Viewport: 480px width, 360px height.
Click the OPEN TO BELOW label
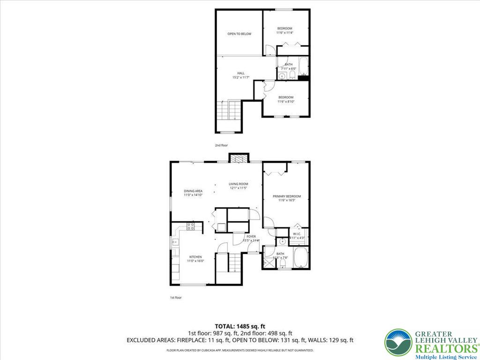point(240,34)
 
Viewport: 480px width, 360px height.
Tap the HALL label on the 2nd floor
point(240,73)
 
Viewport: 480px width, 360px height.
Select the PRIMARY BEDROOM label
point(287,196)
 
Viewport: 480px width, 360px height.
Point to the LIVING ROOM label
point(238,184)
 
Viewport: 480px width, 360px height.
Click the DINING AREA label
point(193,191)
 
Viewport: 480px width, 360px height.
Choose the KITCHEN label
point(195,257)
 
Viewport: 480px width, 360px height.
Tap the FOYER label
point(251,237)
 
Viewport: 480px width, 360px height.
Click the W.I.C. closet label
point(297,233)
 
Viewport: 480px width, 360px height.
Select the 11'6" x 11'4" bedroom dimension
point(284,33)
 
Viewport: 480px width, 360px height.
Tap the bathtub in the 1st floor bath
point(300,257)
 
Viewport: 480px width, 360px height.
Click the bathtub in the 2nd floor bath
point(303,67)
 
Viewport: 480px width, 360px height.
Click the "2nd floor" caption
point(221,145)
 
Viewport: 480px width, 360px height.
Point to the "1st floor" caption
point(176,297)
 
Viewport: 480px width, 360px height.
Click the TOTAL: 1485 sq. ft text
point(240,326)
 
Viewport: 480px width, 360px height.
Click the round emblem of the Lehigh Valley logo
point(398,342)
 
